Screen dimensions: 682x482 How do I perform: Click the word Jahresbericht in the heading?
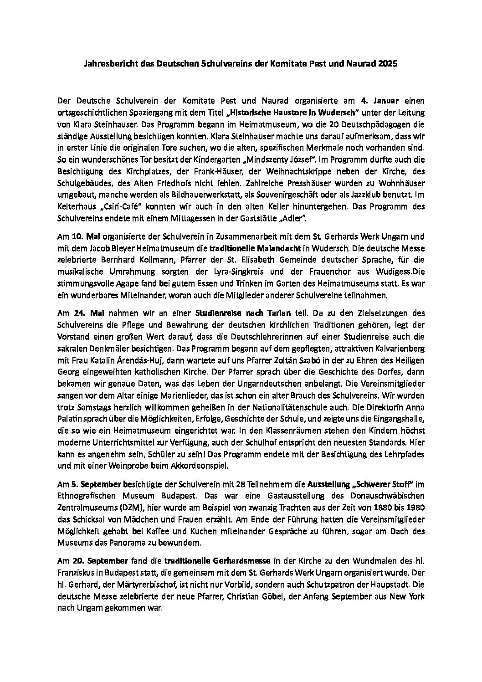(x=106, y=64)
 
